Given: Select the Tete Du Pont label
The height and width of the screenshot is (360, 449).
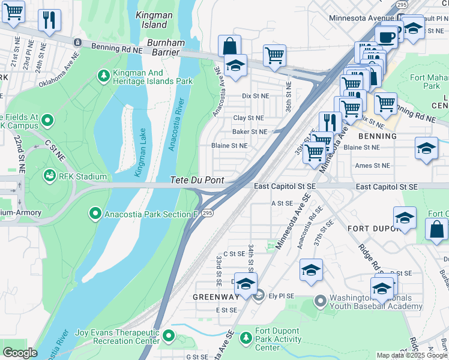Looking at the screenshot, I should [197, 180].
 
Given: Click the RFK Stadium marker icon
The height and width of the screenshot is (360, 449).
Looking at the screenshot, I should [49, 176].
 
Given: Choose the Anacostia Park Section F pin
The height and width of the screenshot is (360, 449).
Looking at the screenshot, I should [94, 214].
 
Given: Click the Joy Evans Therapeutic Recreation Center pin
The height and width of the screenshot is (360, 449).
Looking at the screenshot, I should [169, 336].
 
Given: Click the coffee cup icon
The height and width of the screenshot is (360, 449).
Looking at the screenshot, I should [386, 37].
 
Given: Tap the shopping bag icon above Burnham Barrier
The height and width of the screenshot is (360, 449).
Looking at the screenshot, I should [229, 46].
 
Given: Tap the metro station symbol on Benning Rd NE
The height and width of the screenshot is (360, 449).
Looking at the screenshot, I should [77, 42].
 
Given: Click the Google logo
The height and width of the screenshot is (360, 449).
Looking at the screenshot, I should [20, 353].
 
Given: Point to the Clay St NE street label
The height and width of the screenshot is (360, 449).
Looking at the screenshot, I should [248, 118].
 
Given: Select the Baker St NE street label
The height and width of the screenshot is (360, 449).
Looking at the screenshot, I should [249, 131].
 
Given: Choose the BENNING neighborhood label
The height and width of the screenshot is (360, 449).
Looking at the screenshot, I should [378, 136].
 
